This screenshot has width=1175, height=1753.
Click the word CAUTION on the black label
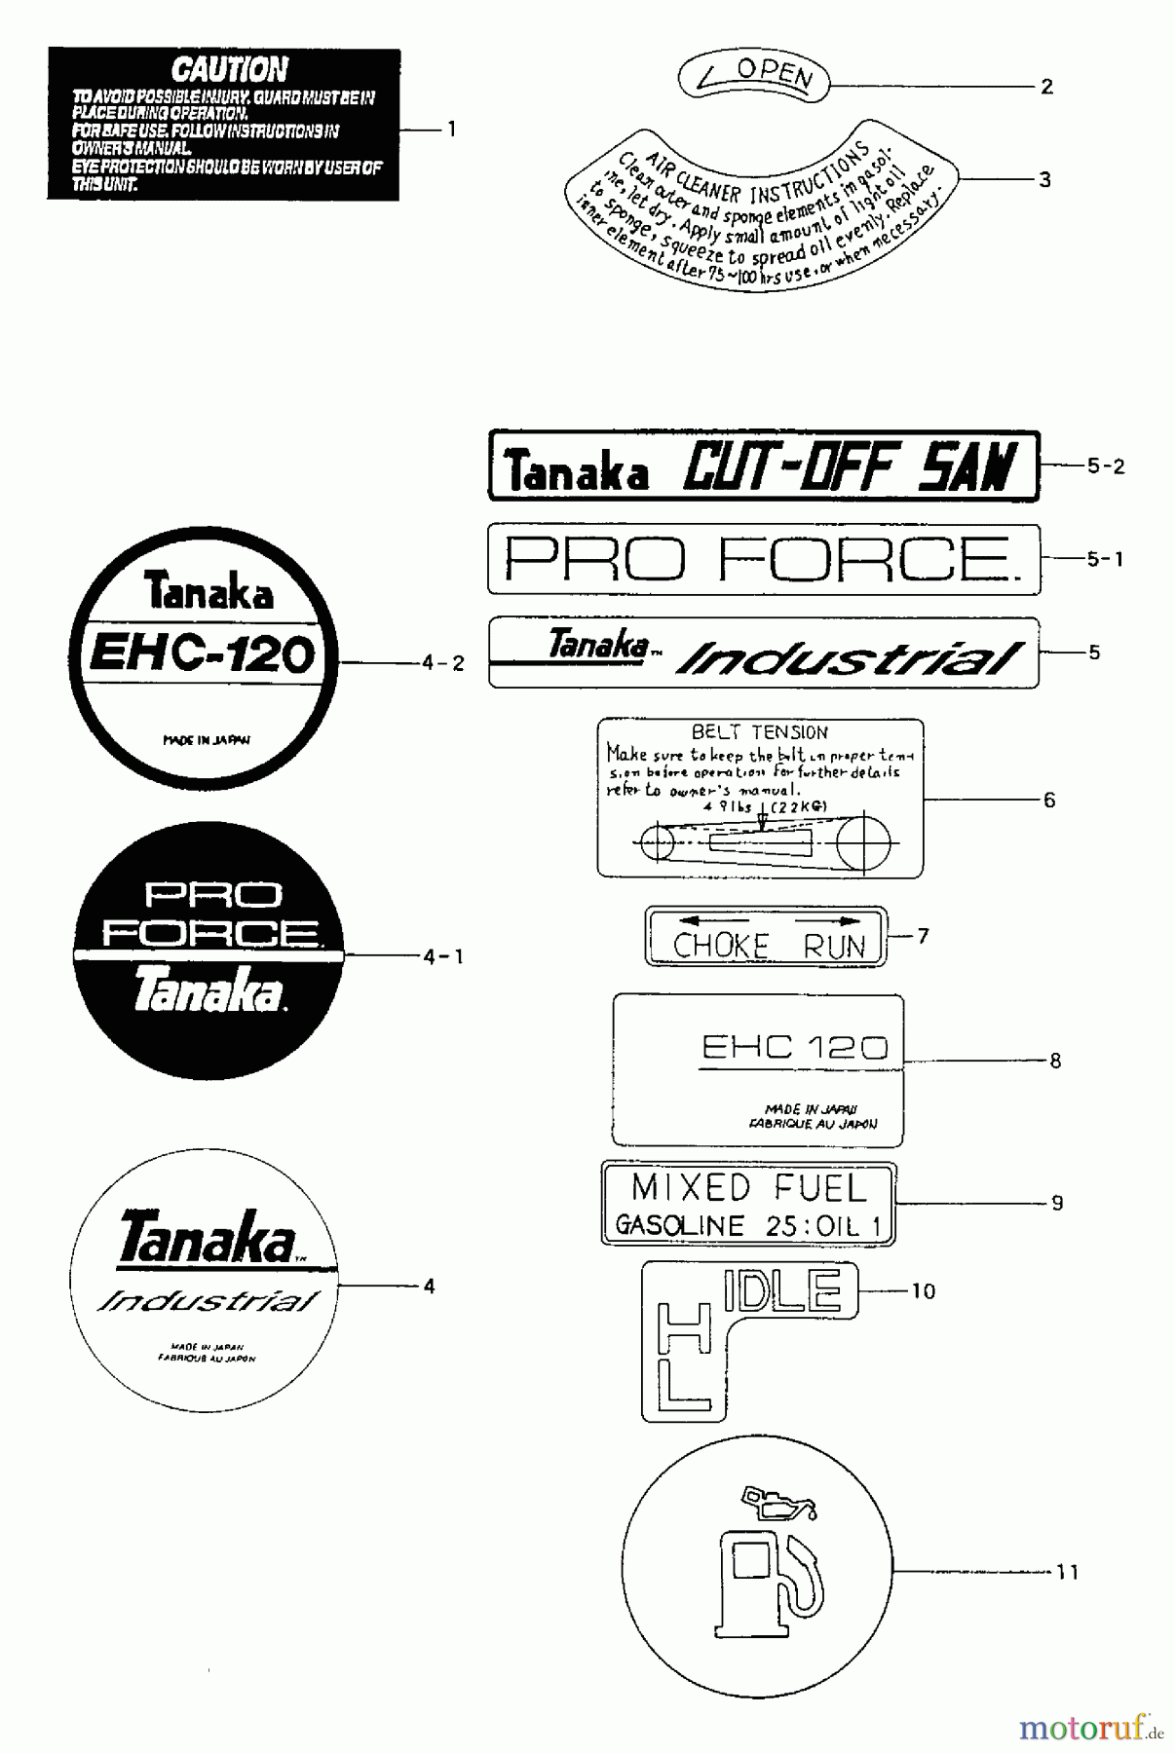pyautogui.click(x=229, y=70)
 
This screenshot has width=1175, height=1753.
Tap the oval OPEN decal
pyautogui.click(x=754, y=77)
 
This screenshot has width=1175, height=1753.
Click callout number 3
pyautogui.click(x=1044, y=179)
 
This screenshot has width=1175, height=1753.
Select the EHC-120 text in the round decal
pyautogui.click(x=203, y=653)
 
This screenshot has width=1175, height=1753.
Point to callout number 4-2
pyautogui.click(x=443, y=663)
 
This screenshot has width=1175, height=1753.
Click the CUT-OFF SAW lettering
pyautogui.click(x=849, y=467)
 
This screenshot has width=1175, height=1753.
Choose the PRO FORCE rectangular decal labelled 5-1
pyautogui.click(x=763, y=559)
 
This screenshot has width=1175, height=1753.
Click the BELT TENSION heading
pyautogui.click(x=759, y=732)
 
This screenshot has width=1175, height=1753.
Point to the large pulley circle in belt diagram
pyautogui.click(x=863, y=842)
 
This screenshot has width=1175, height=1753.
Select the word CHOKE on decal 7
pyautogui.click(x=720, y=946)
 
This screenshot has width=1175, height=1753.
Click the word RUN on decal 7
pyautogui.click(x=834, y=946)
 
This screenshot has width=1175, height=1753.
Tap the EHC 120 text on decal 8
pyautogui.click(x=794, y=1048)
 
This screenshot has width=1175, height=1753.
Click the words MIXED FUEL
pyautogui.click(x=748, y=1188)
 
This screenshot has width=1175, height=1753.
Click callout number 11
pyautogui.click(x=1067, y=1572)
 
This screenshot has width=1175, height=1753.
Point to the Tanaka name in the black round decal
pyautogui.click(x=208, y=989)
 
